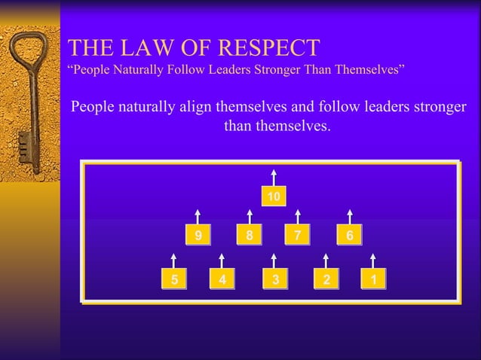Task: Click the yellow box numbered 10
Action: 274,197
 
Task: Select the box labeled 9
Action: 199,236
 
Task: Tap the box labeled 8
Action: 249,236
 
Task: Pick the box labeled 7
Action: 298,236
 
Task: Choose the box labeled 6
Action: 349,236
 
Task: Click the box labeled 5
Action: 175,279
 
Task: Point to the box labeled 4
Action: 222,279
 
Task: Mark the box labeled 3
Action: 276,279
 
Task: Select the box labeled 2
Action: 326,279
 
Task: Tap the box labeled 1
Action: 373,279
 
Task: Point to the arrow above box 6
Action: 349,215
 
